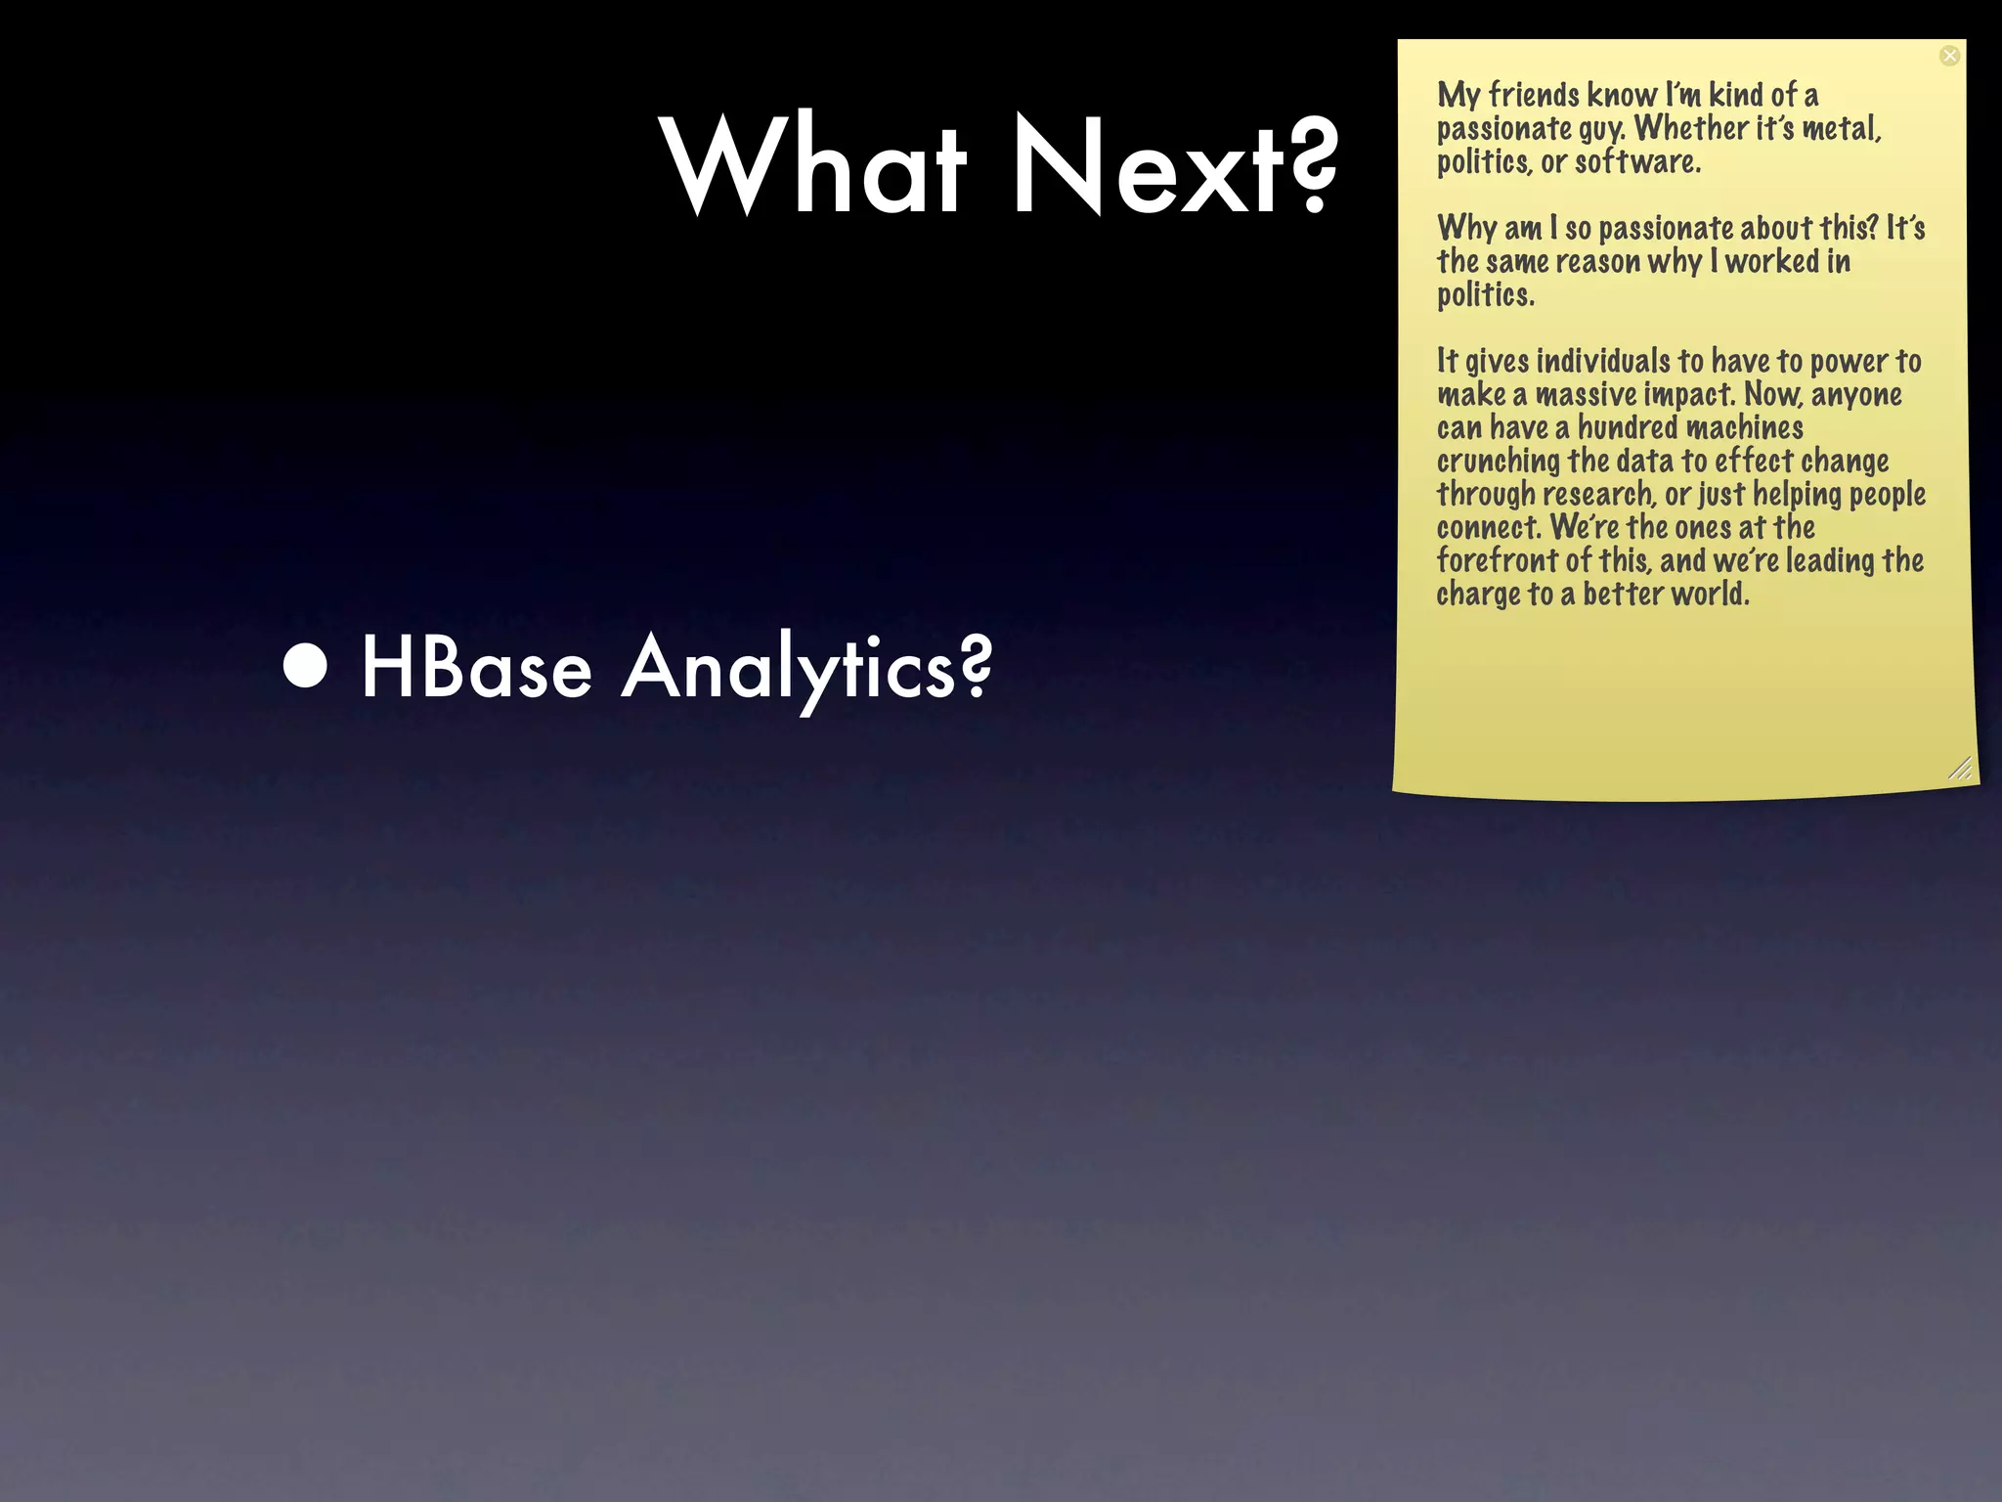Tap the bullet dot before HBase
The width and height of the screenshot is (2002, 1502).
pyautogui.click(x=306, y=667)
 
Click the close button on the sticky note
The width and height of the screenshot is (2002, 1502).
pyautogui.click(x=1949, y=56)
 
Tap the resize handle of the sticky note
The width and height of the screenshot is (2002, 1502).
pyautogui.click(x=1959, y=769)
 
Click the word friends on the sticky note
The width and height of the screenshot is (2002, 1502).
pyautogui.click(x=1534, y=95)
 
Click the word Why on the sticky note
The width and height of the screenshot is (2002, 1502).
pyautogui.click(x=1467, y=228)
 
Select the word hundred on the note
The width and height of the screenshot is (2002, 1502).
pyautogui.click(x=1628, y=427)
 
